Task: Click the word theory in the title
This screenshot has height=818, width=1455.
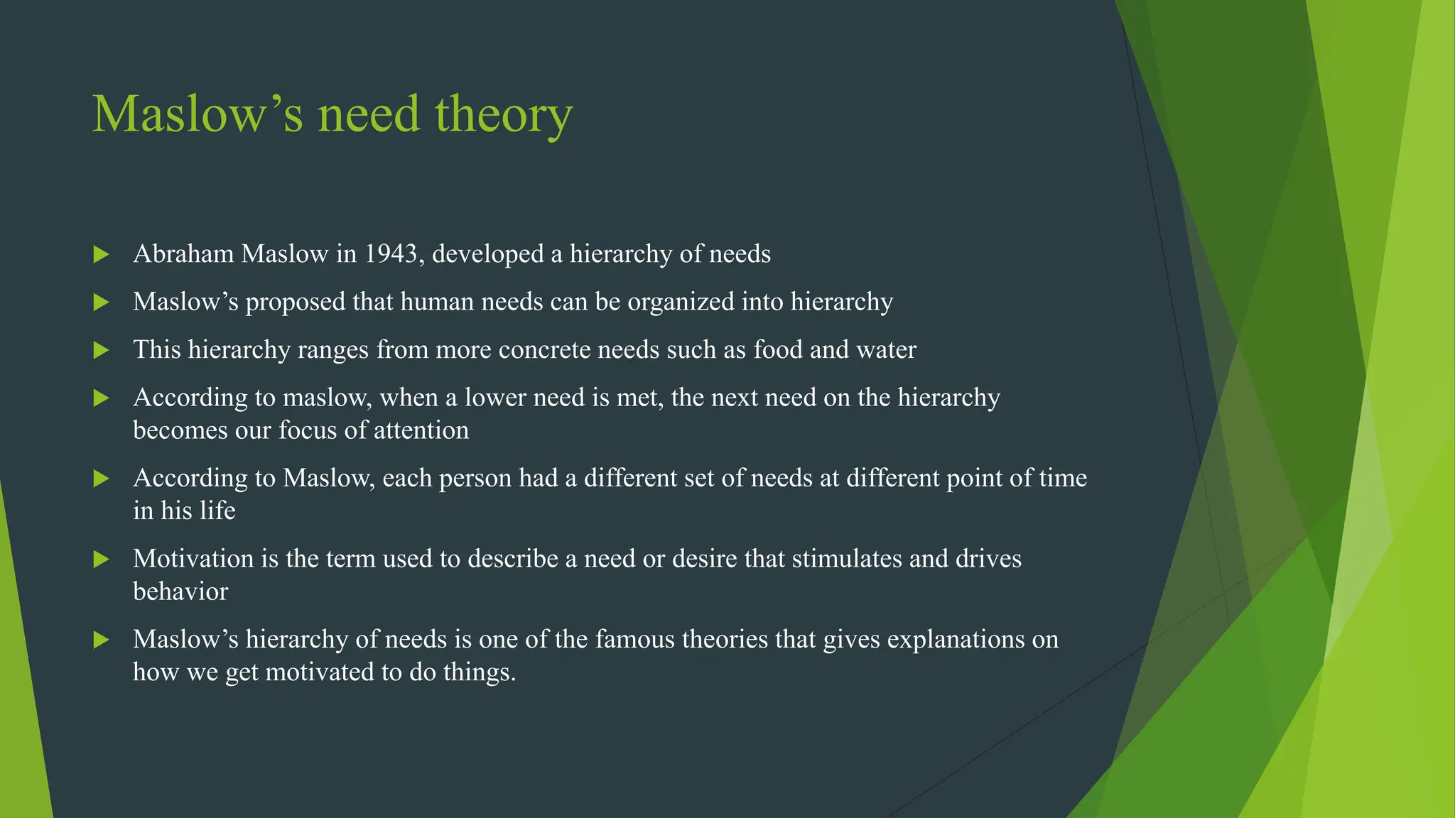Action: (x=503, y=115)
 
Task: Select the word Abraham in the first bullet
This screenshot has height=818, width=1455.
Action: (x=183, y=253)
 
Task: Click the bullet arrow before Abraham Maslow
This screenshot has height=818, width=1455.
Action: (x=102, y=254)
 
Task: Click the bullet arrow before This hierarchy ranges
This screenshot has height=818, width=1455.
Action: (x=102, y=350)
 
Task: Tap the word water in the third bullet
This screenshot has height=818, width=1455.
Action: (x=886, y=349)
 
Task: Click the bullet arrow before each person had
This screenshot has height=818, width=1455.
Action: (x=102, y=479)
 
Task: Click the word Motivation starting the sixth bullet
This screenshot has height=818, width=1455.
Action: (x=193, y=559)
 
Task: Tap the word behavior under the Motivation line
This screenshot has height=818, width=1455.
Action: (x=180, y=591)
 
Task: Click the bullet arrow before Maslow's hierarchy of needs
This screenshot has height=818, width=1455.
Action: (x=102, y=640)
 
